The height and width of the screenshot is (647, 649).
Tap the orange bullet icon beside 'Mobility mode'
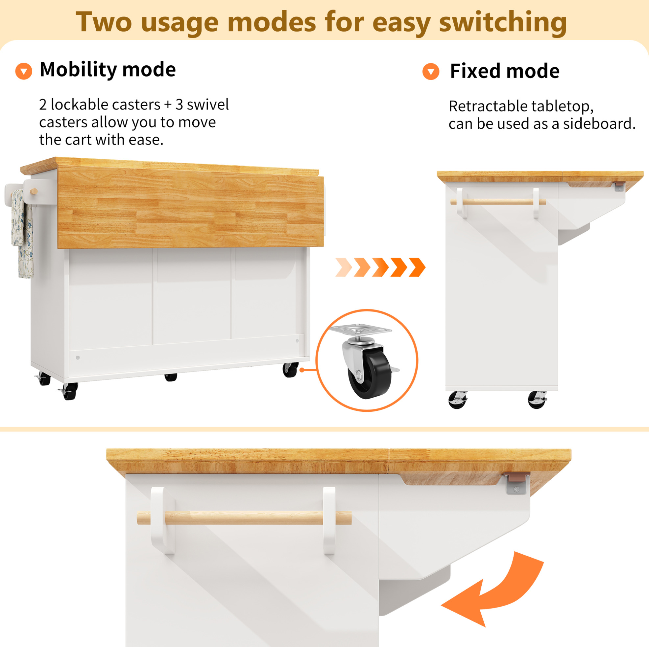tap(24, 71)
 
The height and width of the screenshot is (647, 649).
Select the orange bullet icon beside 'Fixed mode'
tap(431, 72)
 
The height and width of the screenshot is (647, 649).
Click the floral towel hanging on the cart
tap(22, 233)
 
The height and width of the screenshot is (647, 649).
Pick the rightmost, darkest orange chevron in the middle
tap(417, 267)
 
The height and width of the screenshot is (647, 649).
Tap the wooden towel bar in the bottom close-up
tap(244, 518)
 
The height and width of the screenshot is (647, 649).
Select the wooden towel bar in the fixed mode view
tap(498, 202)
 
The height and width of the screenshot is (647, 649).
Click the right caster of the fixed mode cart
tap(537, 400)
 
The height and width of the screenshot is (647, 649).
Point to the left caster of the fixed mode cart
tap(458, 400)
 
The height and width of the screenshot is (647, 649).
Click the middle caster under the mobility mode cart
tap(171, 377)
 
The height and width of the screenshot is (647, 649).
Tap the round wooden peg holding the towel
tap(34, 192)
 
